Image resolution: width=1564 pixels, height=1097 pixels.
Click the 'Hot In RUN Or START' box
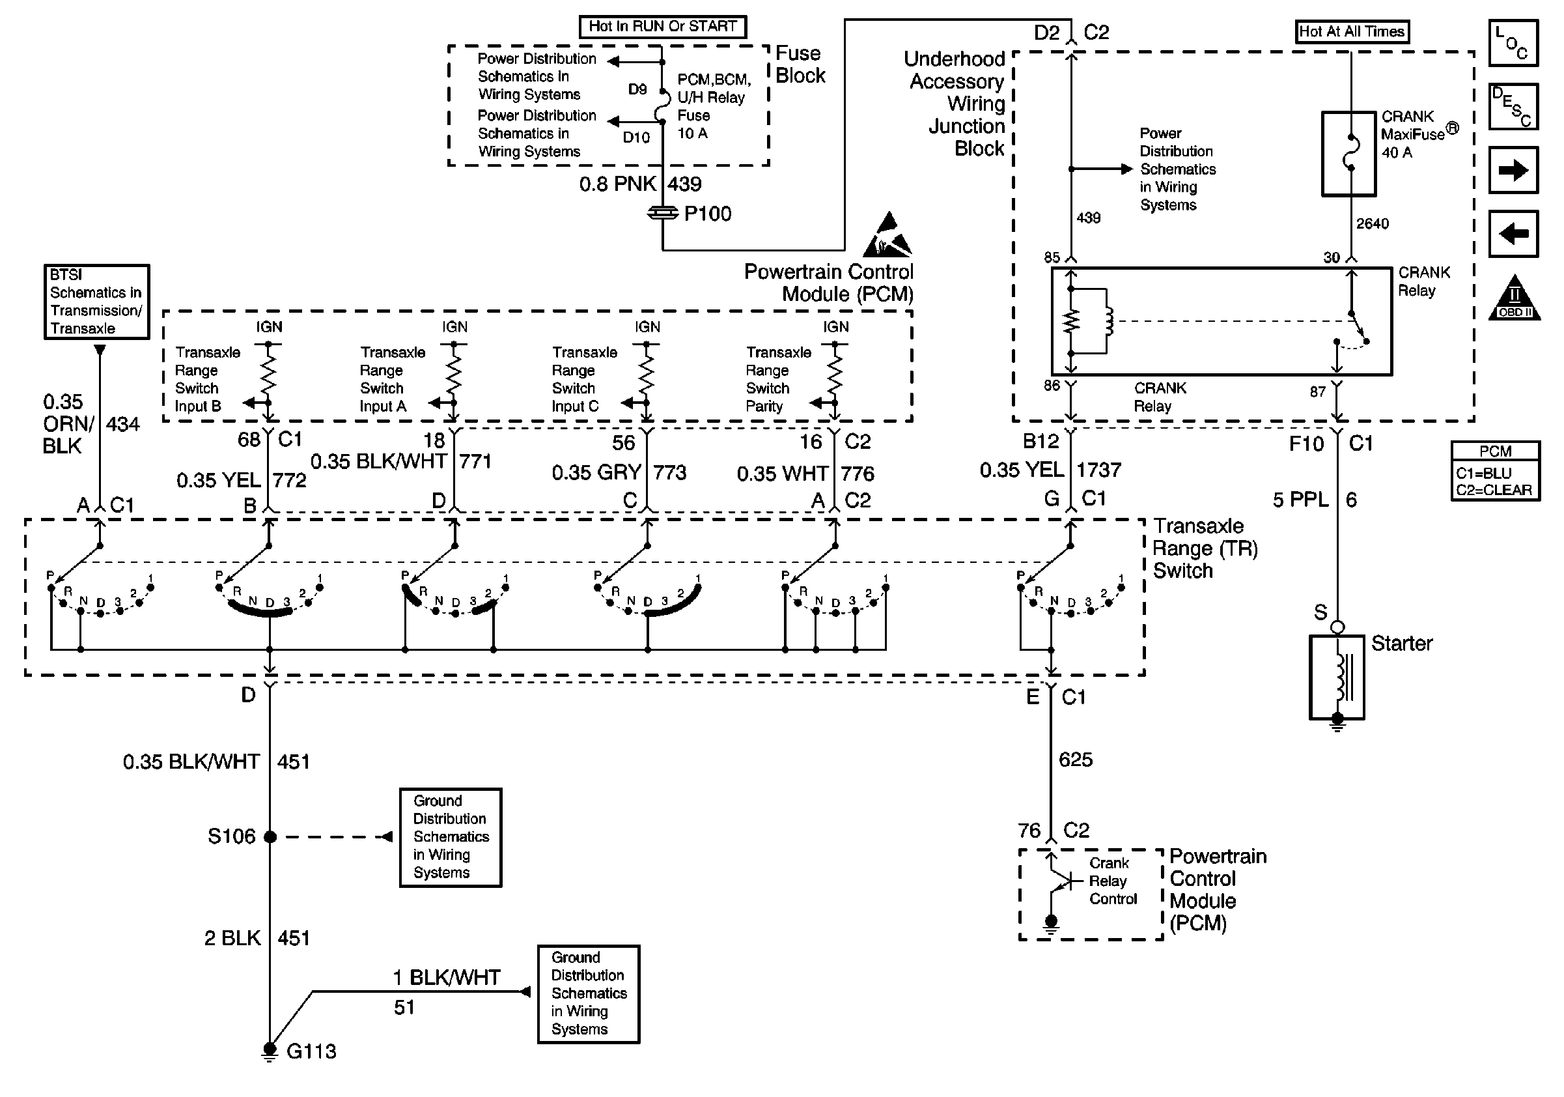[x=662, y=27]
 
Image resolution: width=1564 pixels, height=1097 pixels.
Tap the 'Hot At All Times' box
[x=1352, y=31]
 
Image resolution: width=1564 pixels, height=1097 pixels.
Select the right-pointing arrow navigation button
[x=1513, y=170]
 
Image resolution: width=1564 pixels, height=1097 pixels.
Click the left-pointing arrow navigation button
[x=1513, y=234]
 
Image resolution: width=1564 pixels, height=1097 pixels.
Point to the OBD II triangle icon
[x=1515, y=298]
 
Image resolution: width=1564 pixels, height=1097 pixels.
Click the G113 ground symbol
[x=270, y=1053]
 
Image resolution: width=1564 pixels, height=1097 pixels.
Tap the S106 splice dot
[x=270, y=836]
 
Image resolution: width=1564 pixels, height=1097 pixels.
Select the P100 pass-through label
[x=708, y=214]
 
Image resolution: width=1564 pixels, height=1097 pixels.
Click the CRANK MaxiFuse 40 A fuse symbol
[x=1348, y=154]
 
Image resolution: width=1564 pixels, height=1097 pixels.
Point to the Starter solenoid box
[x=1337, y=677]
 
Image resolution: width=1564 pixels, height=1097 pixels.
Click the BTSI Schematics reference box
[x=97, y=302]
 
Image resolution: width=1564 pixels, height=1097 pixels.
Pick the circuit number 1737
[x=1098, y=470]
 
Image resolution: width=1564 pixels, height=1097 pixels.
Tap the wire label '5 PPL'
[x=1300, y=500]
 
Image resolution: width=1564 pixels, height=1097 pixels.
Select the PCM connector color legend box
[x=1495, y=471]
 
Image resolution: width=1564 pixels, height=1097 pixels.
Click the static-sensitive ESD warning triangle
[x=887, y=235]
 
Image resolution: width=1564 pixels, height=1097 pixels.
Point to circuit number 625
[x=1076, y=760]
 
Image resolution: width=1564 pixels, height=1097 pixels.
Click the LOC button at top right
[x=1513, y=43]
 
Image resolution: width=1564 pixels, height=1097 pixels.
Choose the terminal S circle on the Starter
[x=1337, y=627]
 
